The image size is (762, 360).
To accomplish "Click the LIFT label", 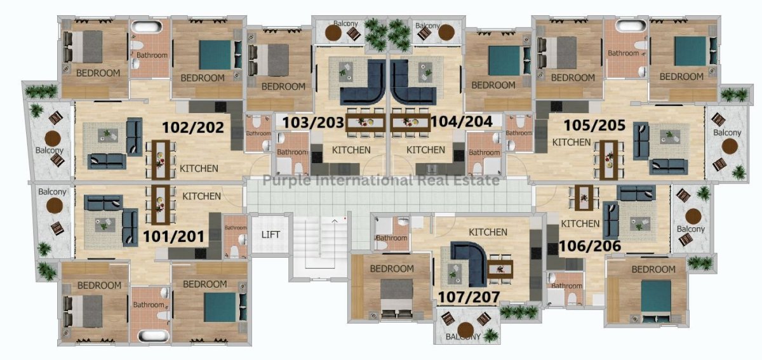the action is click(271, 234).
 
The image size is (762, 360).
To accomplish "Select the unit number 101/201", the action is click(173, 236).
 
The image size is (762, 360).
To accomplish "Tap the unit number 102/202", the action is click(193, 128).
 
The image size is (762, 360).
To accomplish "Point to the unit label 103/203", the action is click(313, 123).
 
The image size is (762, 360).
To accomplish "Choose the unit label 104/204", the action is click(462, 121).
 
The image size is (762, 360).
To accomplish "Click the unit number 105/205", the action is click(594, 125).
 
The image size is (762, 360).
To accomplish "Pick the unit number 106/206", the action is click(590, 246).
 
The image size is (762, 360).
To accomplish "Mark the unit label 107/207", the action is click(469, 297).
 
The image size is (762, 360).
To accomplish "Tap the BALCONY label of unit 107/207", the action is click(463, 337).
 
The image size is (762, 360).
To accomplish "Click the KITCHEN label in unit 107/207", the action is click(488, 232).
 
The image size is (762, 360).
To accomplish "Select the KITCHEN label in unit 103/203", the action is click(351, 150).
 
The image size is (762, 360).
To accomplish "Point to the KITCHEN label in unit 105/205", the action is click(571, 142).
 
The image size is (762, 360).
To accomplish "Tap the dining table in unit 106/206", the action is click(584, 197).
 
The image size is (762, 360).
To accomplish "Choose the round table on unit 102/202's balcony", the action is click(53, 139).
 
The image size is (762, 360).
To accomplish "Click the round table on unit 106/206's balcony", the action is click(693, 217).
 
